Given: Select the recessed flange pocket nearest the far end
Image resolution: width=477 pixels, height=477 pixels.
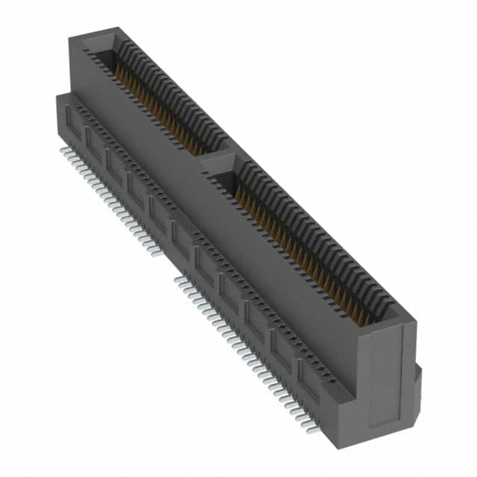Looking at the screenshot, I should tap(72, 119).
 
